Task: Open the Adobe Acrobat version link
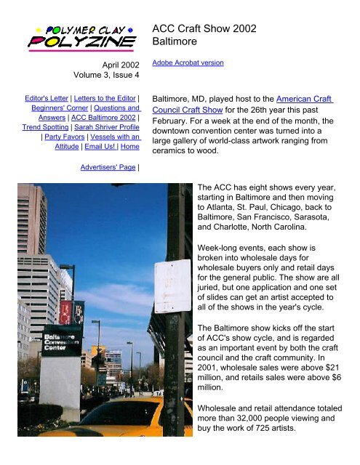point(187,63)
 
